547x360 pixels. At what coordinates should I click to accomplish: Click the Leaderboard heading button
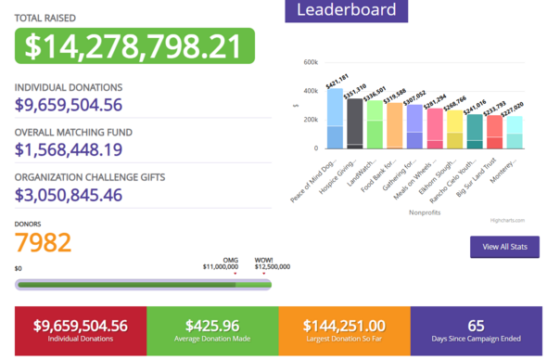click(x=346, y=11)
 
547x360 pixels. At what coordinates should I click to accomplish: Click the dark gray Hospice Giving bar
click(x=354, y=123)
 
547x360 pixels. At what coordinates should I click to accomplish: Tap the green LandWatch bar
click(x=375, y=125)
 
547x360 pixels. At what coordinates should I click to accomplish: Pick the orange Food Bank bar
click(x=394, y=126)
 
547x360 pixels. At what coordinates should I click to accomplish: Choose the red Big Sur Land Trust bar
click(x=494, y=132)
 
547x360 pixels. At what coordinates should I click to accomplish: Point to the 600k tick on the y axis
click(x=310, y=62)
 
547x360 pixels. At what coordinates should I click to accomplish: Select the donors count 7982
click(x=43, y=242)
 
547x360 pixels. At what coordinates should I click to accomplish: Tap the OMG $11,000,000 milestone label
click(x=223, y=264)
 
